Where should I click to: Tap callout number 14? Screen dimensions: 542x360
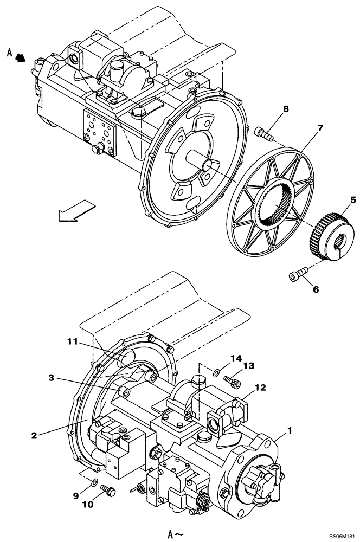pyautogui.click(x=235, y=358)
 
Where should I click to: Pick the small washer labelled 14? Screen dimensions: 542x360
pyautogui.click(x=216, y=371)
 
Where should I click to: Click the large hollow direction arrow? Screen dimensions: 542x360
pyautogui.click(x=75, y=210)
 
